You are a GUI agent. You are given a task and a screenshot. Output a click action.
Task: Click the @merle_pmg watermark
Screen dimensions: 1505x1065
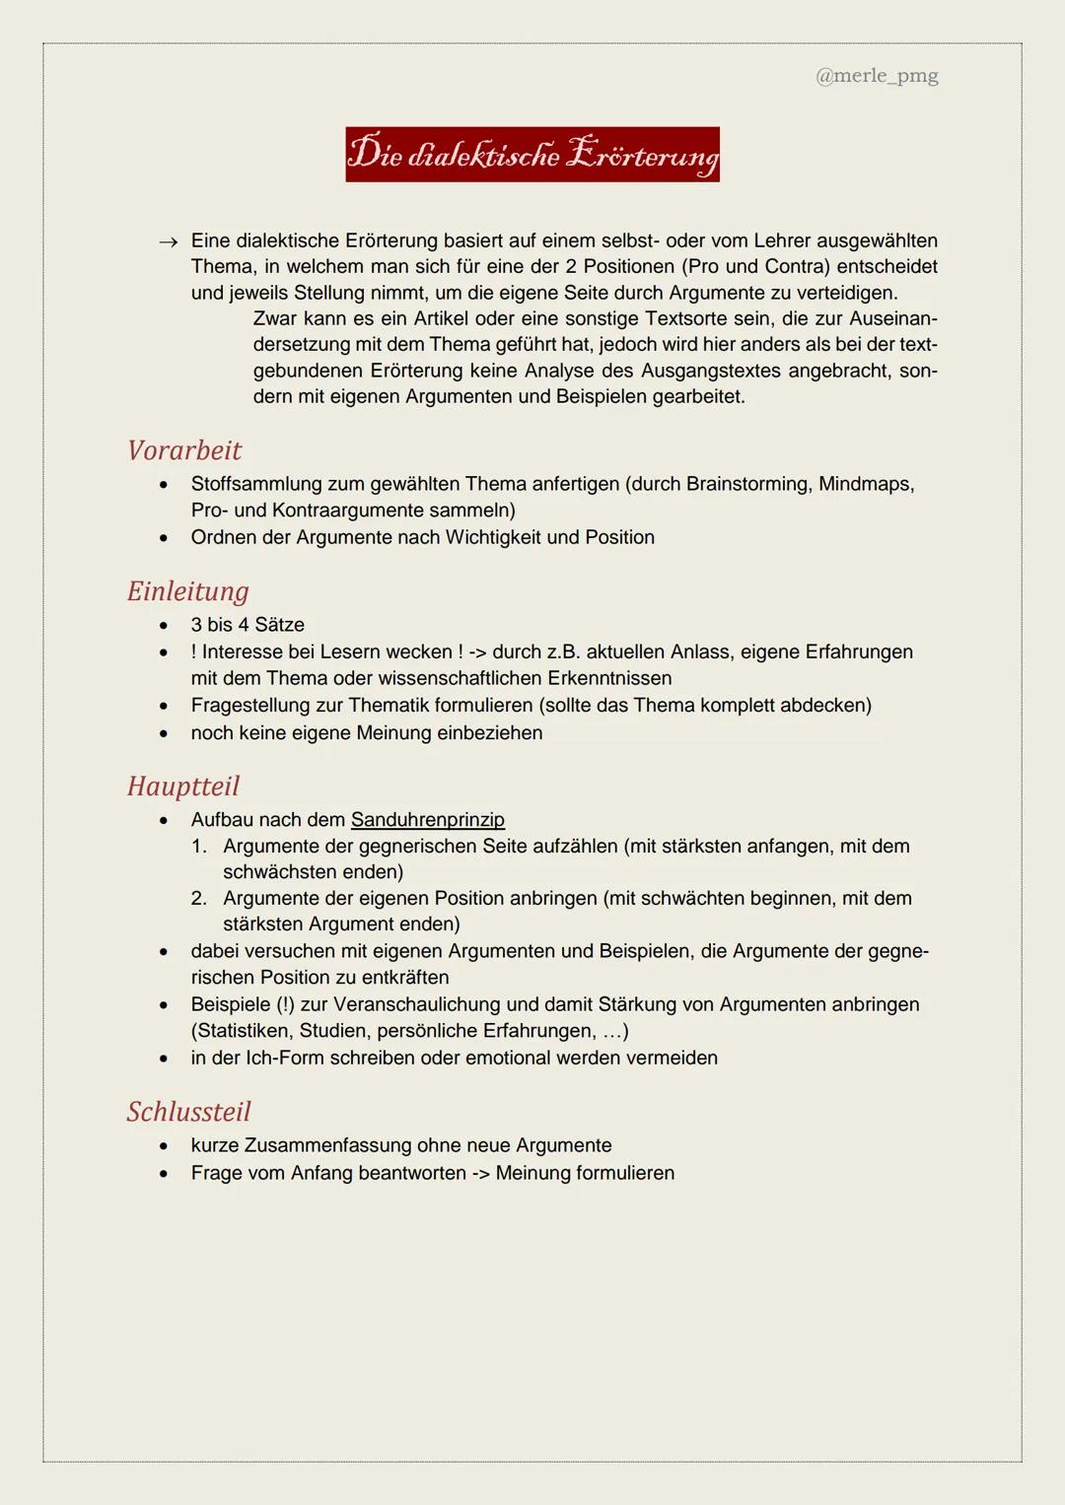877,76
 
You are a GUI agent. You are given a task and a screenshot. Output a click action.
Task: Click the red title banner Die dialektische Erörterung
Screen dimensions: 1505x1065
532,155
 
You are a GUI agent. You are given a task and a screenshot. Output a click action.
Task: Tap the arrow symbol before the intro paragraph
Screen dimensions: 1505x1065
169,241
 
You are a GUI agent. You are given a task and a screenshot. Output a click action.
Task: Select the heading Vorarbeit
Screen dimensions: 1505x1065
184,450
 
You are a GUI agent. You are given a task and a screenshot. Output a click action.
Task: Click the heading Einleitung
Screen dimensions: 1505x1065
188,591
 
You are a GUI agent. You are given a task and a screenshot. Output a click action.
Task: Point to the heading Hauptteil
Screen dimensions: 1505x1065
183,787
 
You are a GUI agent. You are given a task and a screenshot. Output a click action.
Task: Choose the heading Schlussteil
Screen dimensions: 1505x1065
189,1112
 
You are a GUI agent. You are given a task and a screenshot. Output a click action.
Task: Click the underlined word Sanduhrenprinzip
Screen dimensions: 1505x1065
427,820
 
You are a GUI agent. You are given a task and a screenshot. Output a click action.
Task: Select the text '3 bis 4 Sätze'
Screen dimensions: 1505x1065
248,625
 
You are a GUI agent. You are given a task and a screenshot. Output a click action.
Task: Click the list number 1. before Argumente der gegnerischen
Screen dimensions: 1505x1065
199,847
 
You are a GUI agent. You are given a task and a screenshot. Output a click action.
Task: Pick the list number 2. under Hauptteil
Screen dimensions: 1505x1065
199,899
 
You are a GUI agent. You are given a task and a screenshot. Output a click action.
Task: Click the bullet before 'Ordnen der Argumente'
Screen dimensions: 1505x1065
164,538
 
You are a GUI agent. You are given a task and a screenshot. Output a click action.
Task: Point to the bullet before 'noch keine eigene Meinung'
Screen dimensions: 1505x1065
164,733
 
